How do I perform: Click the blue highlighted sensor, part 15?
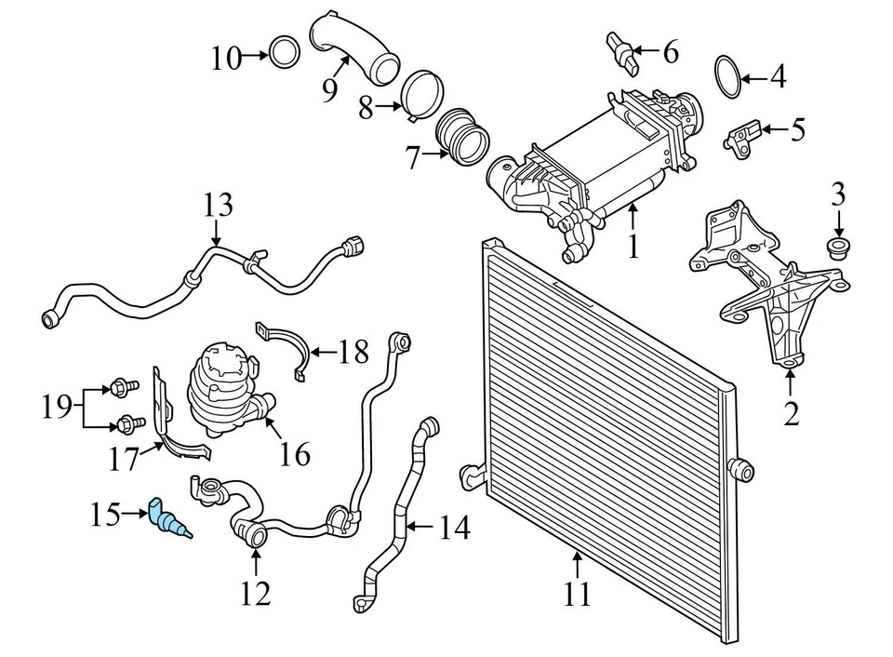[x=167, y=520]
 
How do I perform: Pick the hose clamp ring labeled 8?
[x=420, y=95]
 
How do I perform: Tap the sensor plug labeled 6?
[x=623, y=51]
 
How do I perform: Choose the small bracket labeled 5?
[x=742, y=136]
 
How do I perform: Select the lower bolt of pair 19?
[x=125, y=425]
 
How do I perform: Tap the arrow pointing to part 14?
[x=420, y=530]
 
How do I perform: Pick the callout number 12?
[x=256, y=592]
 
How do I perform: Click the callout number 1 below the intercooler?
[x=633, y=248]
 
